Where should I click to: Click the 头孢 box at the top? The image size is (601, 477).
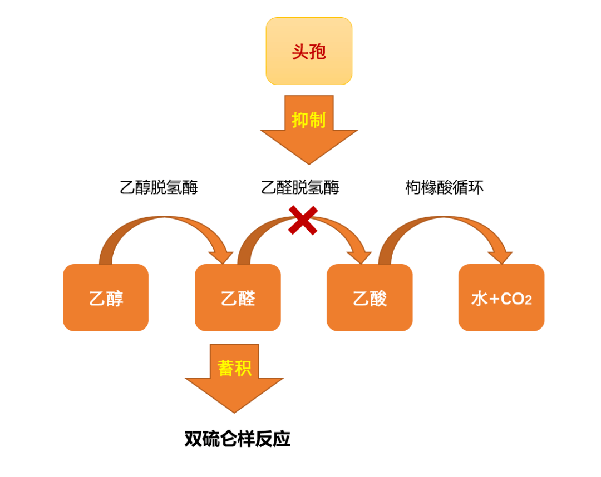click(x=309, y=51)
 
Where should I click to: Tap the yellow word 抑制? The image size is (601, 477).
click(x=308, y=120)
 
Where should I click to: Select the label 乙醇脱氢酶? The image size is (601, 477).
click(x=159, y=187)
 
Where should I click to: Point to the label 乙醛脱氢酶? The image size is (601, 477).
click(x=300, y=187)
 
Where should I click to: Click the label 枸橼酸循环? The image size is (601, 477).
click(x=444, y=187)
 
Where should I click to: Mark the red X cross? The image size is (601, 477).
click(x=303, y=220)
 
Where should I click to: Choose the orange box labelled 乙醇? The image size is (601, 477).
click(x=106, y=297)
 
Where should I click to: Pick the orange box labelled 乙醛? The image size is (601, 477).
click(x=238, y=297)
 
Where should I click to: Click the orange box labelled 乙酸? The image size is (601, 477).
click(x=370, y=297)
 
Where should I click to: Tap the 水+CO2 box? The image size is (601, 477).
click(x=501, y=297)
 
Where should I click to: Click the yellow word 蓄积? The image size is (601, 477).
click(x=234, y=367)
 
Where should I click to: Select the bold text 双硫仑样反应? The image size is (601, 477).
click(x=238, y=439)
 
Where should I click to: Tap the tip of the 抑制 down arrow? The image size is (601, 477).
click(x=309, y=161)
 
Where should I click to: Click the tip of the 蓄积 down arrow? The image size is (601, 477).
click(x=234, y=410)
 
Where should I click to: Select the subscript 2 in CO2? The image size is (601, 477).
click(x=528, y=301)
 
